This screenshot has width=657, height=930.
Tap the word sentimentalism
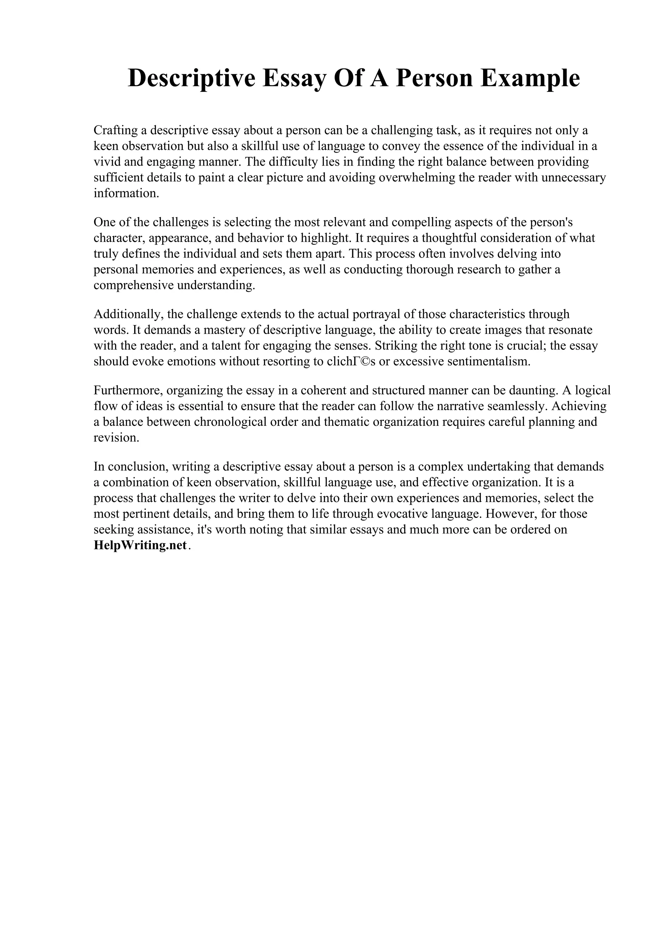pos(489,361)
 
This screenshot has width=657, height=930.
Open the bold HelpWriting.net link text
pos(140,546)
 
